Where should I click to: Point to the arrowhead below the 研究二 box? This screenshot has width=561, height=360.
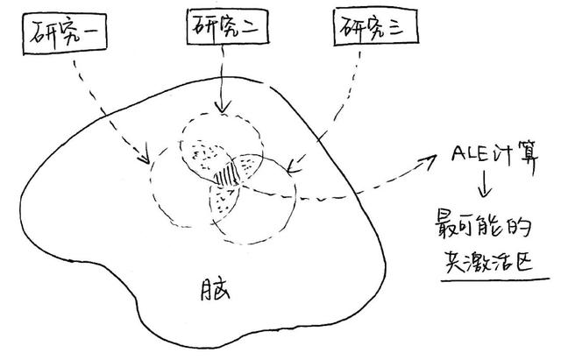point(223,109)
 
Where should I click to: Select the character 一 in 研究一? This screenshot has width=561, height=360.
point(92,36)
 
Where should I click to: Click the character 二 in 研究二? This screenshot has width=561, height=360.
point(248,27)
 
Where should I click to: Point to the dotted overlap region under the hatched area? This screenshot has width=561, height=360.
point(220,203)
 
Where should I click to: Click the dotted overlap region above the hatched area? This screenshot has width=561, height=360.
point(207,154)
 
